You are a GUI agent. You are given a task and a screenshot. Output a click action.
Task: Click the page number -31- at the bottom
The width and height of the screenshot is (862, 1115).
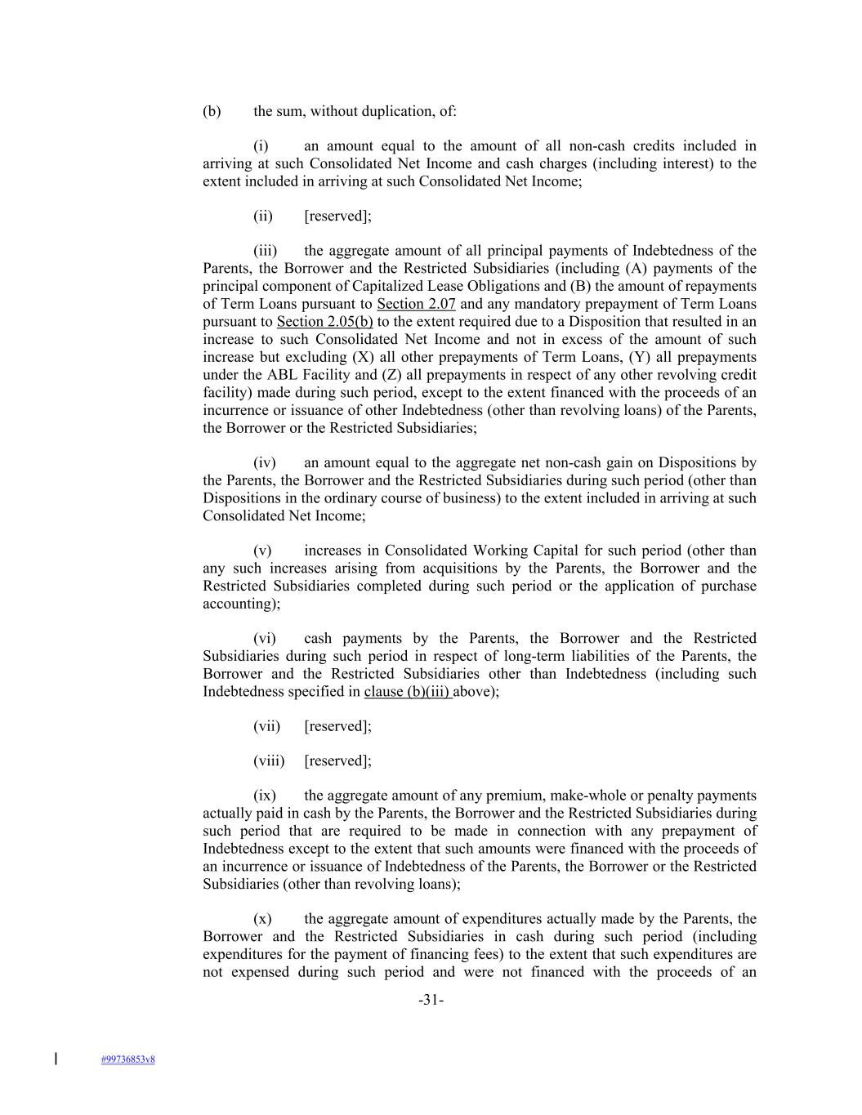(431, 1000)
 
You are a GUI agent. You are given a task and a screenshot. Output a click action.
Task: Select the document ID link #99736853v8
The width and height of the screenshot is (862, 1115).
(128, 1059)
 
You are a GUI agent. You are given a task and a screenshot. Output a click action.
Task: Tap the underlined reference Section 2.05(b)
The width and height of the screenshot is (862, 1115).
(324, 322)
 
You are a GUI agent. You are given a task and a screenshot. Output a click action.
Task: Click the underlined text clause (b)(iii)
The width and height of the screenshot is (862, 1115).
(408, 691)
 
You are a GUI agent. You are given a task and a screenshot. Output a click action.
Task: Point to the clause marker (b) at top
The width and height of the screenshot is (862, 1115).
(212, 111)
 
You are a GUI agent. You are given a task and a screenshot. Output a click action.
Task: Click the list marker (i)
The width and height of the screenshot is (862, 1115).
(261, 146)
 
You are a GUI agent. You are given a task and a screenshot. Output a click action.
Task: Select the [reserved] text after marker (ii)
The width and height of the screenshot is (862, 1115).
(337, 216)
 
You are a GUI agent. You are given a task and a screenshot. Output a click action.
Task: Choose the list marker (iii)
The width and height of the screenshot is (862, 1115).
(265, 251)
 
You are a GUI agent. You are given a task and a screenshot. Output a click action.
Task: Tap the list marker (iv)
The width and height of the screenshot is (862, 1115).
(264, 462)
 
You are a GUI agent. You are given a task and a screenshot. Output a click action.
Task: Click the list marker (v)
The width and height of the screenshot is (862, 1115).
(262, 551)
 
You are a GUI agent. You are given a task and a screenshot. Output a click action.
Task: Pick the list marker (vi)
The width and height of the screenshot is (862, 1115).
(264, 638)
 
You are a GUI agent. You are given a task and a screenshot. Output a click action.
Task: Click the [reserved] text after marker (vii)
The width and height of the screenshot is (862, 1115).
(337, 726)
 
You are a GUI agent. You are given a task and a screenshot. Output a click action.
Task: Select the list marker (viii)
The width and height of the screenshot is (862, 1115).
(269, 760)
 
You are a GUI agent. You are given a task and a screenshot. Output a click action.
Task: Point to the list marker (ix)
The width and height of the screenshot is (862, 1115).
(264, 796)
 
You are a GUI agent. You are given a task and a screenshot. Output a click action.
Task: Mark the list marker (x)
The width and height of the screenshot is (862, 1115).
(262, 919)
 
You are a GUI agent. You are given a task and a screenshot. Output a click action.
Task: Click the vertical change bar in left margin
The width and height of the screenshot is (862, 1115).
(56, 1059)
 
